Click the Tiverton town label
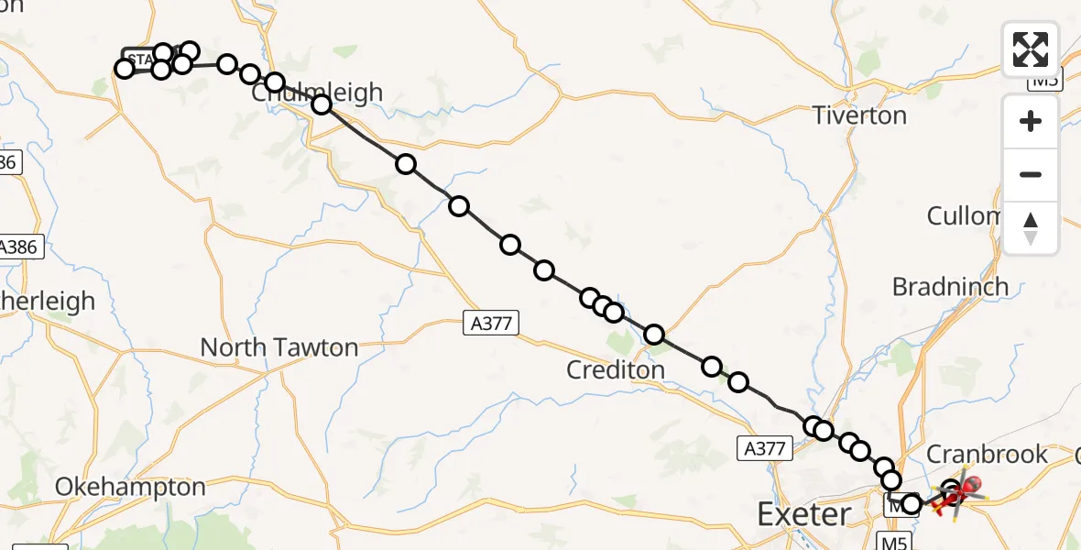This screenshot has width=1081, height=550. (860, 116)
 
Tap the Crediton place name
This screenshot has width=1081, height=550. (616, 369)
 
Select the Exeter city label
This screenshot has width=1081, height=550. (804, 514)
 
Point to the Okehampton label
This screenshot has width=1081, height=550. (130, 487)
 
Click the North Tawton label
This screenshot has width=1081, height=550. (278, 348)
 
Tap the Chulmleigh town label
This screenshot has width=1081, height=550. (316, 93)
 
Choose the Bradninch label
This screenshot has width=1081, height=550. (950, 286)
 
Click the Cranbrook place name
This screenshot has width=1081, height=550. (988, 454)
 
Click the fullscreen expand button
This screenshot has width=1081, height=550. (1031, 49)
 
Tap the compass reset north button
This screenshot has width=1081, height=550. (1031, 228)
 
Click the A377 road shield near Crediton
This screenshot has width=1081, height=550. (491, 322)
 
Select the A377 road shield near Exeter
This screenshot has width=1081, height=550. (761, 447)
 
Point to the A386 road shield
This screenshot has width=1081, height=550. (20, 247)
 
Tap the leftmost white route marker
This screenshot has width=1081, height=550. (125, 69)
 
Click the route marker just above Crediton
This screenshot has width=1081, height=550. (654, 335)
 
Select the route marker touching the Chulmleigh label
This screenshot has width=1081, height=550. (322, 104)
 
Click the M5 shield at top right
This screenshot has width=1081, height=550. (1044, 80)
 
